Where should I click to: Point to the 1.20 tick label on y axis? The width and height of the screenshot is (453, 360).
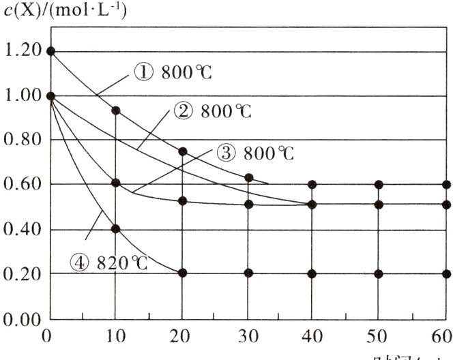21,51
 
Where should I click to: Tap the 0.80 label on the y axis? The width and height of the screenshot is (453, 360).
21,140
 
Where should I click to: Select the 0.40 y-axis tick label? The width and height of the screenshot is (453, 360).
21,230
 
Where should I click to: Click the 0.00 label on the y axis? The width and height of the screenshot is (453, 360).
21,320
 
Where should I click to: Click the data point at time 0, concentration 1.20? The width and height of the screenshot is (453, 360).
50,51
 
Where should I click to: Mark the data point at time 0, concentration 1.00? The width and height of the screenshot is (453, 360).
50,96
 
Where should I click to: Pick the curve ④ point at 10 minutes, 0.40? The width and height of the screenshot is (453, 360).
116,229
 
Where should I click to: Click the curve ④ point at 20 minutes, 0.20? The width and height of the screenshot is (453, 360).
182,273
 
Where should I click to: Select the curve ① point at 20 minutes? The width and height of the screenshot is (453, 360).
182,151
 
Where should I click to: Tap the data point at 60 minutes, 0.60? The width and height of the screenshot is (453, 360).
446,184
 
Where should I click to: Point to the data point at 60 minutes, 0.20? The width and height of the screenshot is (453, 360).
446,273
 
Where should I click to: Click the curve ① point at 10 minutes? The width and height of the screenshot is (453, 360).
116,110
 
